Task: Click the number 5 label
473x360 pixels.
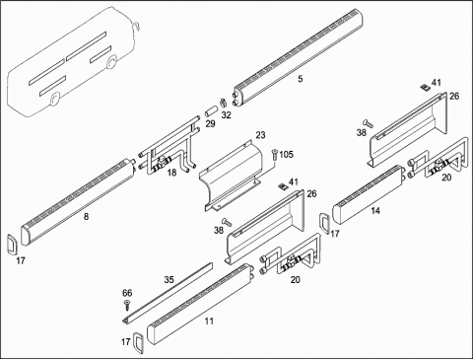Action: click(301, 79)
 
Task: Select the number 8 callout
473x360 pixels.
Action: click(86, 216)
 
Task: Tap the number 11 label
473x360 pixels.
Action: click(209, 322)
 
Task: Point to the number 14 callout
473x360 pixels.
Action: click(375, 211)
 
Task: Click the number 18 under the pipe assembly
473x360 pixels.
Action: click(171, 173)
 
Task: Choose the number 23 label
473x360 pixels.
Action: click(260, 135)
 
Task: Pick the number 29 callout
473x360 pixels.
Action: click(210, 124)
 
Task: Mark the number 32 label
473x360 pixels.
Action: click(226, 115)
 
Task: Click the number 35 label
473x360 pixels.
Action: click(169, 280)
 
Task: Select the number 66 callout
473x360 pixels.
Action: click(127, 293)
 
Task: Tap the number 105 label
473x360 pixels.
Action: click(286, 155)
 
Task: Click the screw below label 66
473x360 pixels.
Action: click(127, 306)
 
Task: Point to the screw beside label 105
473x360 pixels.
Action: click(274, 155)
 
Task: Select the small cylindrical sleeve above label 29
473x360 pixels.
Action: click(210, 110)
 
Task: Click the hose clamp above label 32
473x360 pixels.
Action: click(224, 102)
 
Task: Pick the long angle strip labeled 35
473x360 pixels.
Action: click(168, 293)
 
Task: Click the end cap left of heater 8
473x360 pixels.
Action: click(13, 244)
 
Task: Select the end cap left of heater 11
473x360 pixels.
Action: click(138, 343)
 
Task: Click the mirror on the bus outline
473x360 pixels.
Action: click(136, 26)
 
